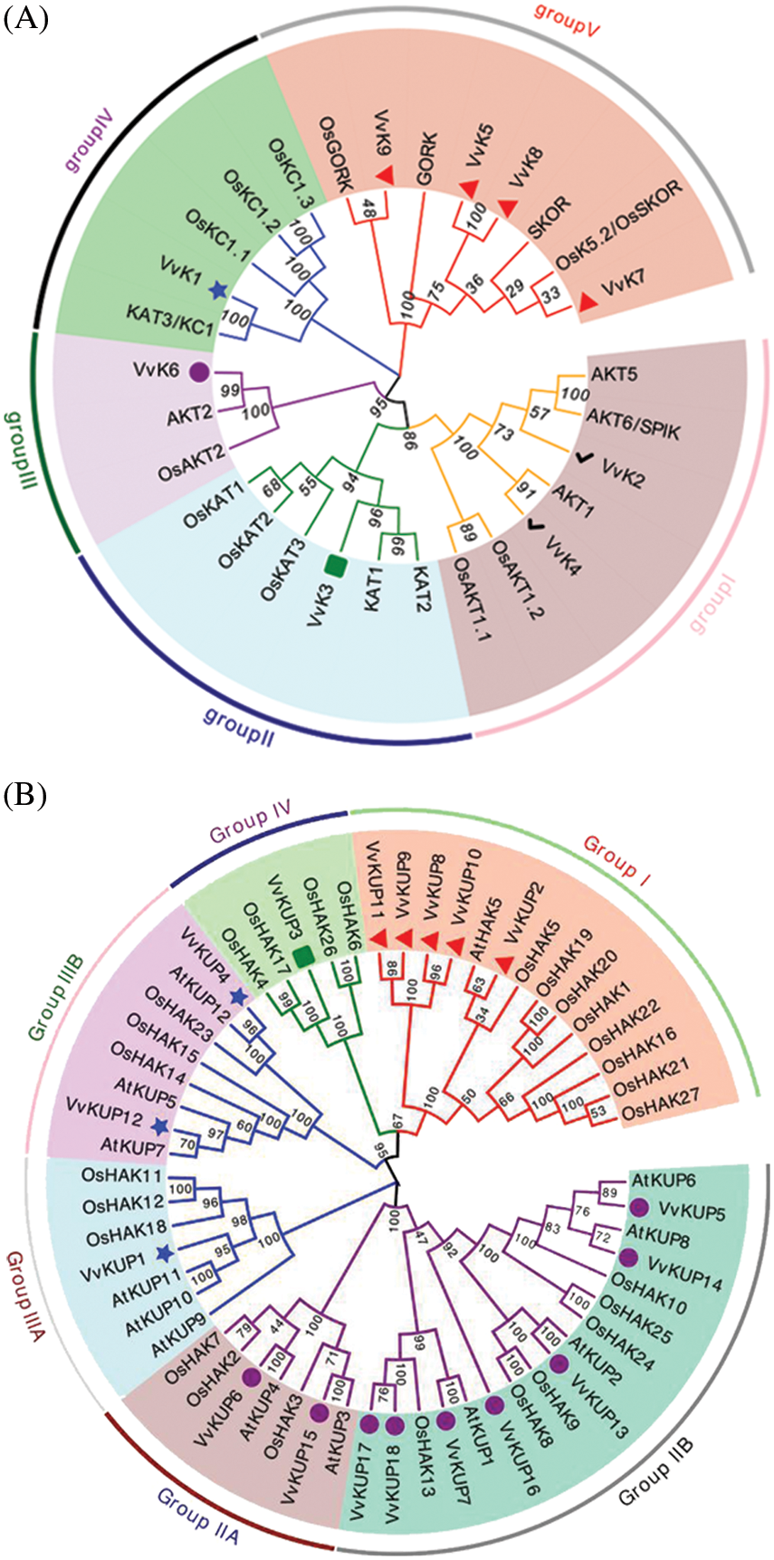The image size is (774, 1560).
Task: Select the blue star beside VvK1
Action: pos(217,289)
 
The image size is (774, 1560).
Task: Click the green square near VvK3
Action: pos(336,566)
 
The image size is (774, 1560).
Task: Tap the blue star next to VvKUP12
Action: pos(160,1126)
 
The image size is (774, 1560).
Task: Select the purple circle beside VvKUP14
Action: pos(628,1258)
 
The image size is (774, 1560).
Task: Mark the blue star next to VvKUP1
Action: pos(164,1254)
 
